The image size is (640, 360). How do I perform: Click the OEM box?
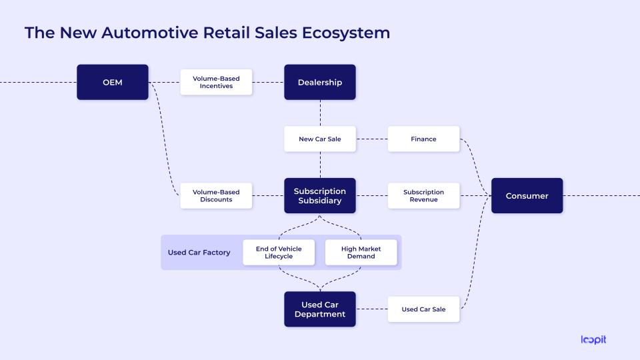point(112,82)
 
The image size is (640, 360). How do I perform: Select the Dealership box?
point(320,82)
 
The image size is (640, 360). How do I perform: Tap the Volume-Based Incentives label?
point(216,82)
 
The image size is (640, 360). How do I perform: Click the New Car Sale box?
point(320,139)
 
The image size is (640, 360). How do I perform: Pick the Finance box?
point(423,139)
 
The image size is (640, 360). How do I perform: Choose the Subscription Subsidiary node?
point(320,195)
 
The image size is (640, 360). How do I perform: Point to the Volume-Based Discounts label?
point(216,195)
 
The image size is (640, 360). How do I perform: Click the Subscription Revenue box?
point(423,195)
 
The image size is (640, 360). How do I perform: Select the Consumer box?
point(527,195)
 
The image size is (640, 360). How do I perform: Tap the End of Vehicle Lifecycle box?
point(279,252)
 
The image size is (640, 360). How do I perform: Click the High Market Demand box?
point(361,252)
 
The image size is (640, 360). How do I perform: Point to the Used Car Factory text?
point(199,253)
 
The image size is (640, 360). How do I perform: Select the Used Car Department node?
point(320,309)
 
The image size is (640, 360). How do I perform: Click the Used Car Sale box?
point(423,309)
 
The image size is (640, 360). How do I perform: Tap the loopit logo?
point(593,339)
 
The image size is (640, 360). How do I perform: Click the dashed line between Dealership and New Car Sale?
point(320,113)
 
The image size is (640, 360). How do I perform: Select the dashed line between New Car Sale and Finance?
point(371,139)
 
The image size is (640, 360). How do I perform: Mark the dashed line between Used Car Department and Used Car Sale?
point(371,309)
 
